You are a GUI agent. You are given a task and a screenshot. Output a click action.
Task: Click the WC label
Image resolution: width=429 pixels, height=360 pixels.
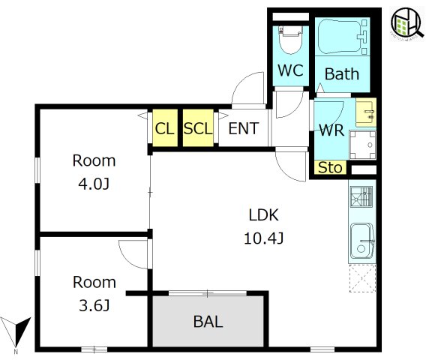pos(290,70)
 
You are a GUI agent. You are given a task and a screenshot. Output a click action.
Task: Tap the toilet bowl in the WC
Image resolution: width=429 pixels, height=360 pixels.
pos(290,42)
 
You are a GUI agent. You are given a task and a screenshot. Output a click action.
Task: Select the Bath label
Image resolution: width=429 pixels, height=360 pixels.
pos(342,73)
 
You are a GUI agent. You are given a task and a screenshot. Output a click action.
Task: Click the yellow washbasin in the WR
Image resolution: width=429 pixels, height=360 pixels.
pos(366,112)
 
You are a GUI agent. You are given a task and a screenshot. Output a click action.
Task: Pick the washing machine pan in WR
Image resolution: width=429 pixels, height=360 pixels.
pos(362,145)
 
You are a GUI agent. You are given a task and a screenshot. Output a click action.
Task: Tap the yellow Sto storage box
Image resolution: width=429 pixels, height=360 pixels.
pos(330,167)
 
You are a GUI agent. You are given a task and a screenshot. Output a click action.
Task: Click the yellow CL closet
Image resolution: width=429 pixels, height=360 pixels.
pos(165,127)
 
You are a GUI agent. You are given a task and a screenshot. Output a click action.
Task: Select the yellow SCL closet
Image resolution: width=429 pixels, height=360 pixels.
pos(198,127)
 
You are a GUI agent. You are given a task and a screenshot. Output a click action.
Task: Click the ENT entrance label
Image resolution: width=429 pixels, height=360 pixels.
pos(244,128)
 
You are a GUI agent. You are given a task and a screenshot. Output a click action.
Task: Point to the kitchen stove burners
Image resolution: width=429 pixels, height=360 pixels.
pos(361,196)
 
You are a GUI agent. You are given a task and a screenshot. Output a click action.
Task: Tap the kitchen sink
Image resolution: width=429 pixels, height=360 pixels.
pos(362,241)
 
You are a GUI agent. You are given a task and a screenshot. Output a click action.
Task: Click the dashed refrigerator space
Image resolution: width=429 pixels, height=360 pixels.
pos(362,278)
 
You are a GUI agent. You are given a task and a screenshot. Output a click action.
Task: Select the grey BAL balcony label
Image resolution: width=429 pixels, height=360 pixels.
pos(208,322)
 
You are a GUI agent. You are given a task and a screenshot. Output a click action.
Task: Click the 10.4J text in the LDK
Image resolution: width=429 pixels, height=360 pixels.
pos(264,238)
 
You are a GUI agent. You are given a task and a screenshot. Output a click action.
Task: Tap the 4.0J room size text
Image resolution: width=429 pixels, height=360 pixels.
pos(94,184)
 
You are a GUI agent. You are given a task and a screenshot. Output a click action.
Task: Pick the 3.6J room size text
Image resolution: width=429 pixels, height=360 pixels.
pos(94,305)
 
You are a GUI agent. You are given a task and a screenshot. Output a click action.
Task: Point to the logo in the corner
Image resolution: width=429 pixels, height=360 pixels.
pos(406,24)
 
